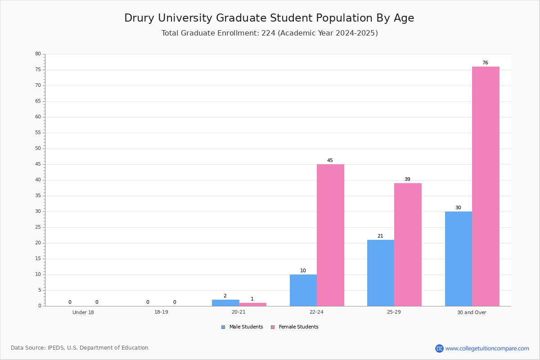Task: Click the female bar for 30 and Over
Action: coord(486,186)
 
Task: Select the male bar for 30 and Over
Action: coord(459,259)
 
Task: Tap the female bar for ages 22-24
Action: coord(330,235)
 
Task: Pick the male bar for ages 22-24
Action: coord(303,290)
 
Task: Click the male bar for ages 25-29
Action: coord(381,273)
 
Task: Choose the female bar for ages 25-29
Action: coord(408,245)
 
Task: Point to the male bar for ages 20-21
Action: coord(225,303)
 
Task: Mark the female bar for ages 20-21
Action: coord(252,305)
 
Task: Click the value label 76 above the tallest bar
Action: coord(485,63)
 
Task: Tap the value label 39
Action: coord(407,179)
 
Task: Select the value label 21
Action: coord(380,236)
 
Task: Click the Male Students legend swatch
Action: coord(223,327)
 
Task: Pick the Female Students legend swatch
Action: coord(273,327)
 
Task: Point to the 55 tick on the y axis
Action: coord(38,132)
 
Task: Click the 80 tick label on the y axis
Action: coord(38,54)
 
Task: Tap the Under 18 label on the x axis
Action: coord(83,312)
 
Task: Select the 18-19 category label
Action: coord(161,312)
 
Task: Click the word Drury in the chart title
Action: coord(139,18)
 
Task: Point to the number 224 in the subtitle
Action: coord(269,33)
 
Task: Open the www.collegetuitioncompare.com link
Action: coord(487,348)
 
